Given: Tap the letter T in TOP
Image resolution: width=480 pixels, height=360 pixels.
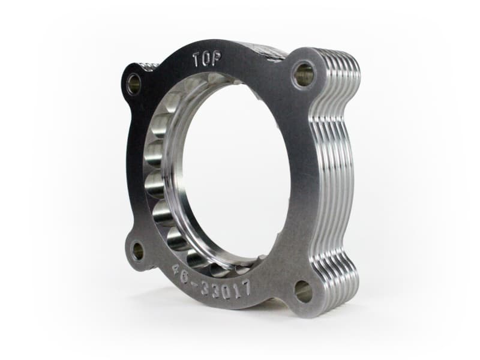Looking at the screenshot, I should (x=196, y=59).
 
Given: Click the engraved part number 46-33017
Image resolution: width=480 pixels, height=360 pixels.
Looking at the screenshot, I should (x=210, y=281).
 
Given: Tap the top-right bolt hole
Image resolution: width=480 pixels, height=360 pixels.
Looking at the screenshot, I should (x=304, y=75).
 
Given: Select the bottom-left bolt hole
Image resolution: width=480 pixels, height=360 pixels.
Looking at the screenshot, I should (x=137, y=251).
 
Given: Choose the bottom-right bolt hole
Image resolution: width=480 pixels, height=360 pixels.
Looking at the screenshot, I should (x=304, y=292).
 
